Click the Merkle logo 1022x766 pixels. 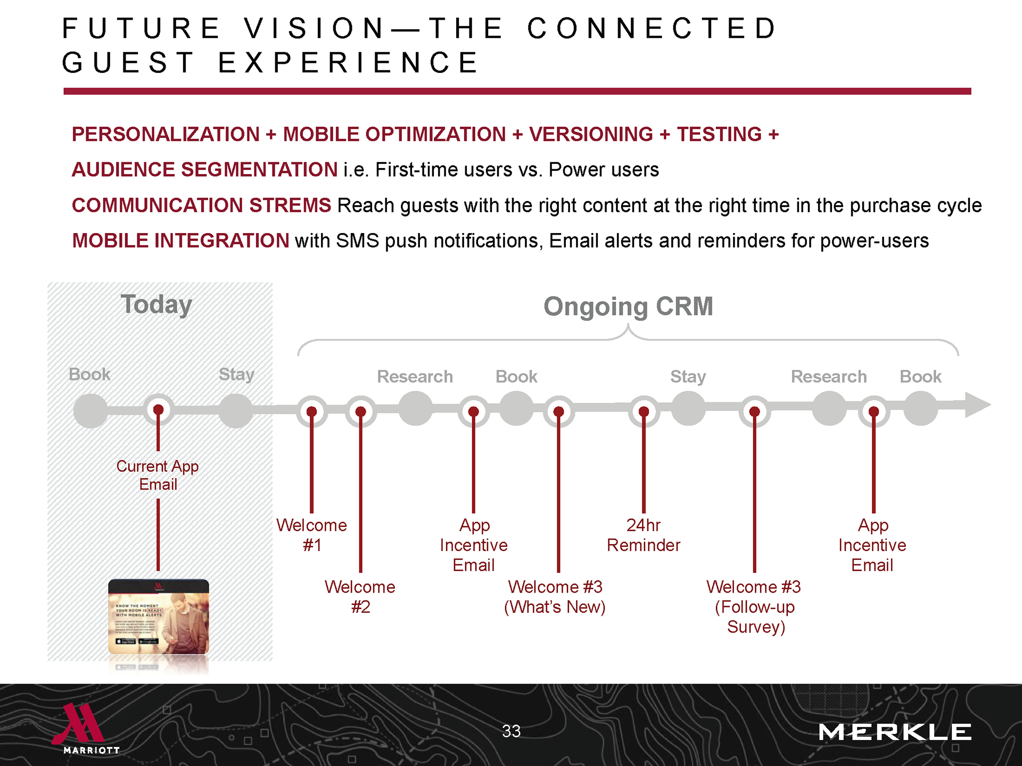pyautogui.click(x=894, y=732)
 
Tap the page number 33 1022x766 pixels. pyautogui.click(x=511, y=731)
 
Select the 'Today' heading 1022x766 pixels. pyautogui.click(x=156, y=305)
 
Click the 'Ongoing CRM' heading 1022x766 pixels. pyautogui.click(x=628, y=307)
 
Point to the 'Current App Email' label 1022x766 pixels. pyautogui.click(x=158, y=475)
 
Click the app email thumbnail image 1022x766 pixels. pyautogui.click(x=159, y=617)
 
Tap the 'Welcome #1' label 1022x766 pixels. pyautogui.click(x=312, y=535)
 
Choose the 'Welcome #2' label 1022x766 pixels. pyautogui.click(x=360, y=596)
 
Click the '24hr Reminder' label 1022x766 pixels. pyautogui.click(x=644, y=535)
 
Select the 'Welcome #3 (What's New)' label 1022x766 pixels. pyautogui.click(x=555, y=596)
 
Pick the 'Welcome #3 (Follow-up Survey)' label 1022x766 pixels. pyautogui.click(x=754, y=606)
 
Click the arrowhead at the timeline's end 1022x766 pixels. pyautogui.click(x=977, y=405)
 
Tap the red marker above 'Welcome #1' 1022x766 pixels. pyautogui.click(x=312, y=411)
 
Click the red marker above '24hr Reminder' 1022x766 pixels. pyautogui.click(x=644, y=411)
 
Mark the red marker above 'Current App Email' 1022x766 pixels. pyautogui.click(x=158, y=410)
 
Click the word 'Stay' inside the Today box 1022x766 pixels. pyautogui.click(x=236, y=374)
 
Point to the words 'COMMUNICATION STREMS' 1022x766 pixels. pyautogui.click(x=201, y=205)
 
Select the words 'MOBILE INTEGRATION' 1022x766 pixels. pyautogui.click(x=180, y=241)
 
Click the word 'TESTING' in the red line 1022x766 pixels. pyautogui.click(x=719, y=135)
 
